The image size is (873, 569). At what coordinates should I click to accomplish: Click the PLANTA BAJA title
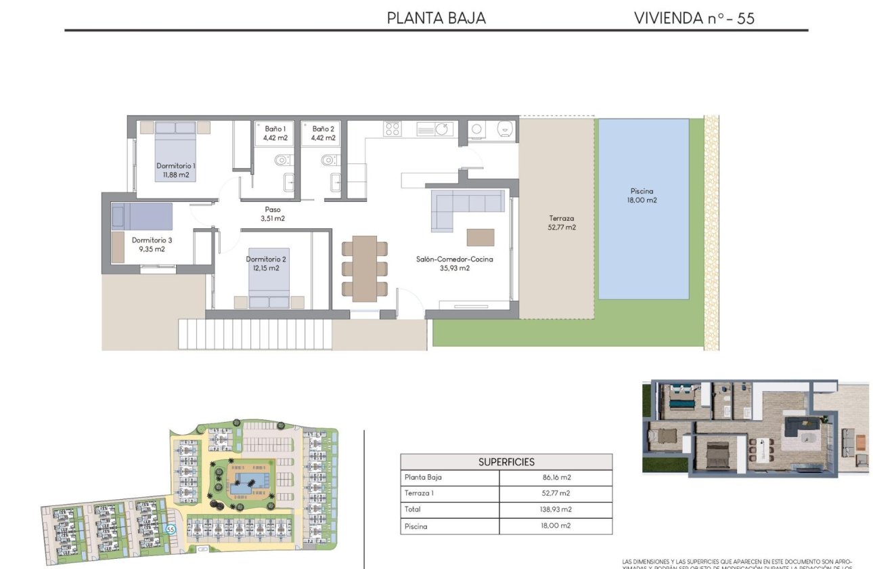pyautogui.click(x=436, y=18)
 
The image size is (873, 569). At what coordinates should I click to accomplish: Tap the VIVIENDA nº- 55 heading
pyautogui.click(x=694, y=18)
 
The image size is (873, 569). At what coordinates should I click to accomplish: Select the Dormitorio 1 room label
pyautogui.click(x=176, y=166)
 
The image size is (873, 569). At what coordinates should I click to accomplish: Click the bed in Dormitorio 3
pyautogui.click(x=142, y=217)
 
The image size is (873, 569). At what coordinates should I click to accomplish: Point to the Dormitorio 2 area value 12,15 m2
pyautogui.click(x=263, y=268)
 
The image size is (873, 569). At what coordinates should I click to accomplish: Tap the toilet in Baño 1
pyautogui.click(x=283, y=161)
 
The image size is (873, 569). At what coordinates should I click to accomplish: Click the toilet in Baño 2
pyautogui.click(x=328, y=161)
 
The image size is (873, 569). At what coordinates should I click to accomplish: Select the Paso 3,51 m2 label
pyautogui.click(x=273, y=214)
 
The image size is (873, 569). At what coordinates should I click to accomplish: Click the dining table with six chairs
pyautogui.click(x=365, y=267)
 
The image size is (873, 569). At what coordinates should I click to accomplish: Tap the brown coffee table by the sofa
pyautogui.click(x=480, y=237)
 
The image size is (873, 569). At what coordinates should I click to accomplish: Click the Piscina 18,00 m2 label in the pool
pyautogui.click(x=642, y=196)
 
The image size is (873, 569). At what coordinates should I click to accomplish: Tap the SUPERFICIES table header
pyautogui.click(x=506, y=462)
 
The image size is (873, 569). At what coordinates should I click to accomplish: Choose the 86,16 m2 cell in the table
pyautogui.click(x=556, y=478)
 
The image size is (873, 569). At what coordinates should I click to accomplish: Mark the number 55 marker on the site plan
pyautogui.click(x=171, y=530)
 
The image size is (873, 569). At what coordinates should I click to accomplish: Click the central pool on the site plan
pyautogui.click(x=244, y=484)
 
